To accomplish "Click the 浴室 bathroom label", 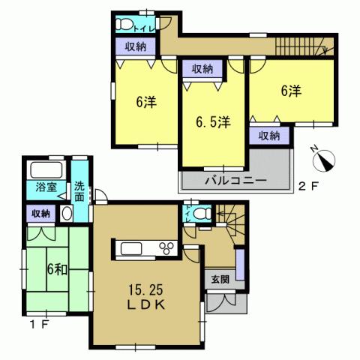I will [46, 187].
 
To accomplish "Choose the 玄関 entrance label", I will [219, 280].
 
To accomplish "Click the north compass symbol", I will [325, 160].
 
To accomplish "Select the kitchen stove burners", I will [167, 249].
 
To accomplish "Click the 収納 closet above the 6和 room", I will [40, 214].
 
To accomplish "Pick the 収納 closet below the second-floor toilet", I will [135, 46].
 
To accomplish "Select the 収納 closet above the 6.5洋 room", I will [202, 69].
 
